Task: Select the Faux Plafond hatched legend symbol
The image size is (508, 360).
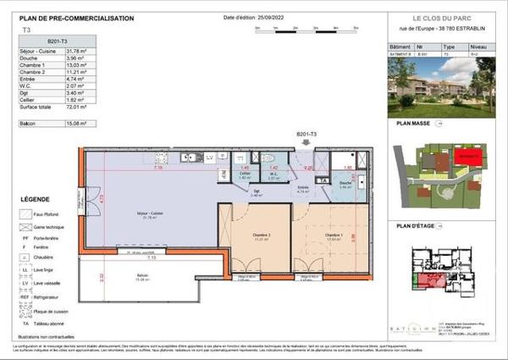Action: pyautogui.click(x=25, y=215)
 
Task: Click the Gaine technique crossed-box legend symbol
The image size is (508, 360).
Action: pyautogui.click(x=25, y=229)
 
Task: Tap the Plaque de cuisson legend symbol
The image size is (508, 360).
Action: pyautogui.click(x=25, y=311)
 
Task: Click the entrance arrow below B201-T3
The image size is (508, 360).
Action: pyautogui.click(x=306, y=144)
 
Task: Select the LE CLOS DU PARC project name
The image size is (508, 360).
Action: pyautogui.click(x=434, y=19)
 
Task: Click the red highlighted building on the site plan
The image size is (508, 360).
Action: pyautogui.click(x=467, y=158)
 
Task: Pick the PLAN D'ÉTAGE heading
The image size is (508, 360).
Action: pyautogui.click(x=414, y=227)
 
